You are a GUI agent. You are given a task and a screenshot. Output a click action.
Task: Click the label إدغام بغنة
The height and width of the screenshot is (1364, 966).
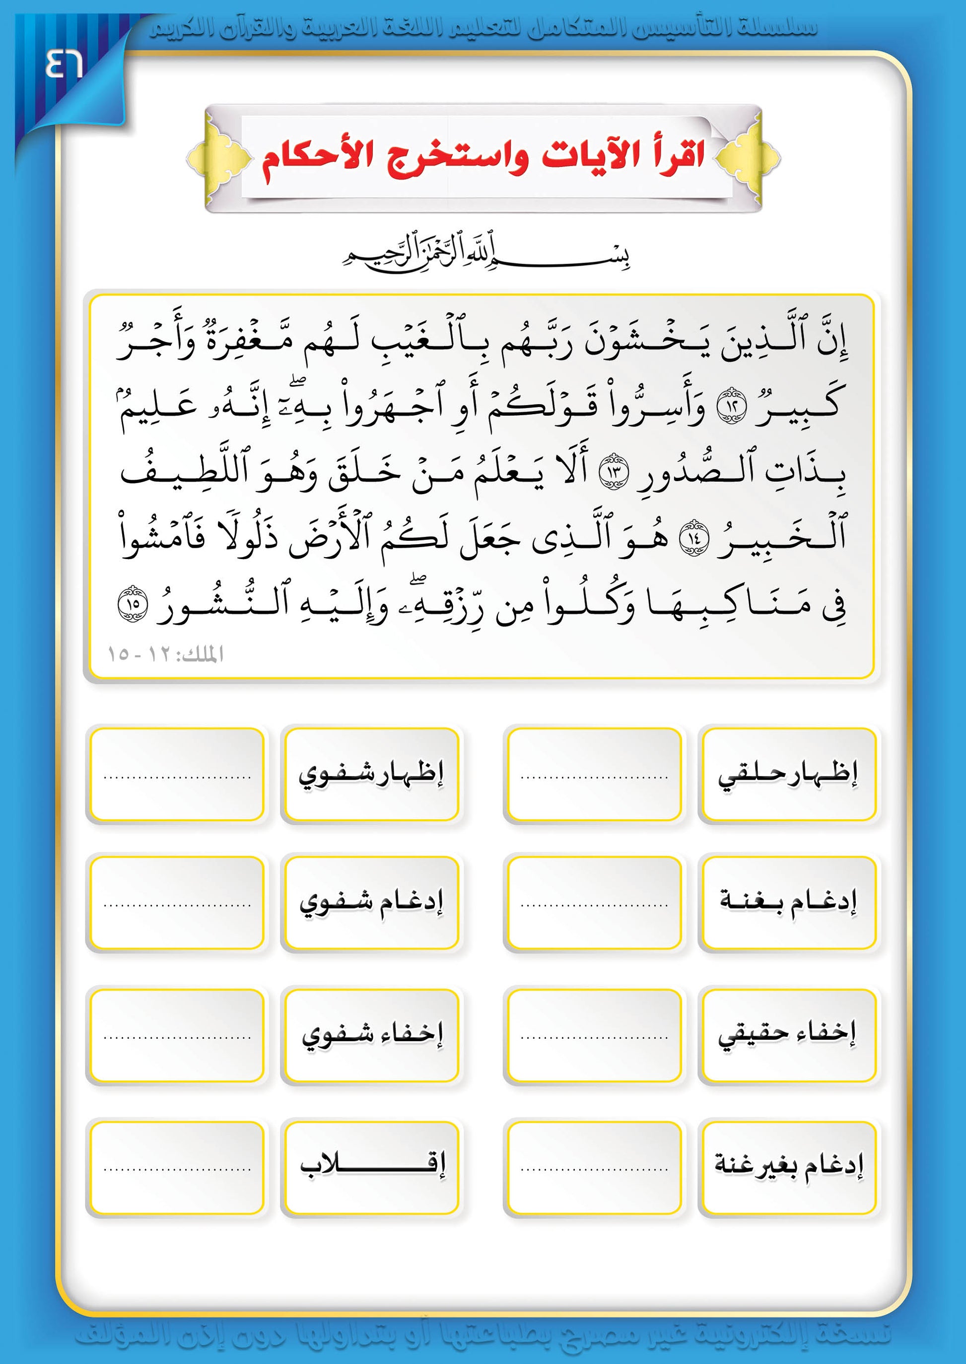click(x=788, y=902)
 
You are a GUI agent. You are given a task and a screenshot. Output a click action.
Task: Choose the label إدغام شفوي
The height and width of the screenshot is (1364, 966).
click(x=371, y=902)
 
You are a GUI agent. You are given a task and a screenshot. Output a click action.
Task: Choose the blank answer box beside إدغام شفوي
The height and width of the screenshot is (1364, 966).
click(x=177, y=902)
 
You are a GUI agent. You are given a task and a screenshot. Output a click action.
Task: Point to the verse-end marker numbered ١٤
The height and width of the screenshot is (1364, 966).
click(x=693, y=537)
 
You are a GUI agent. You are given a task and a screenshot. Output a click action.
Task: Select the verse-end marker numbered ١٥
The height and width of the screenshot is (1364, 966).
click(x=132, y=603)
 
